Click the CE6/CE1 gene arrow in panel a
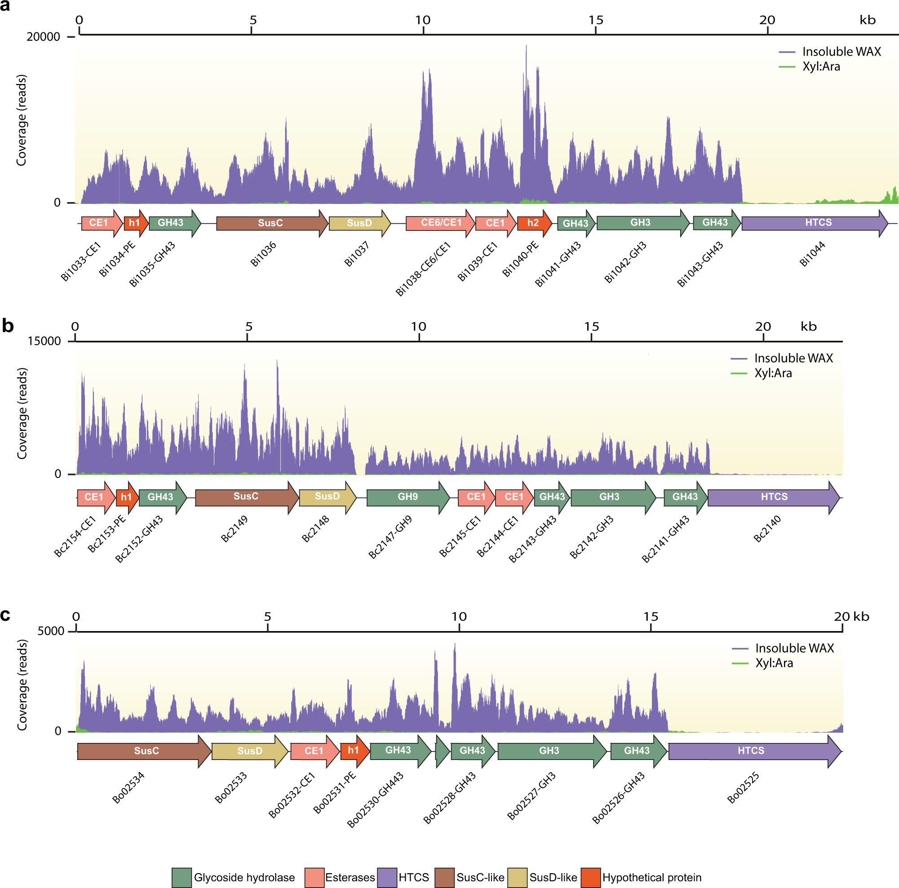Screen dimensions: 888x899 point(440,223)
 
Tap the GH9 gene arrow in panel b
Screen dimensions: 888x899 point(407,497)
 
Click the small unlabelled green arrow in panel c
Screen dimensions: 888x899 point(442,751)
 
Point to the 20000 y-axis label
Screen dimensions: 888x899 point(43,37)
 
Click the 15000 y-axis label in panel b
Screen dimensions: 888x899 point(44,341)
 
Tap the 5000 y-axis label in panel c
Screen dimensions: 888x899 point(51,631)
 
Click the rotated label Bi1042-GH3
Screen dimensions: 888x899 point(625,262)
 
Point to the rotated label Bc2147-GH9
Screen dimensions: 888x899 point(390,537)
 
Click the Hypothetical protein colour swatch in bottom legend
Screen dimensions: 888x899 point(590,877)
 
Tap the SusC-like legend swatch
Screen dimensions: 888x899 point(444,877)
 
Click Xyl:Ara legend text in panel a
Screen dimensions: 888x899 point(821,66)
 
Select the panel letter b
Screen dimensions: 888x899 point(8,326)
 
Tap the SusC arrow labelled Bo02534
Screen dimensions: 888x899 point(144,751)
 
